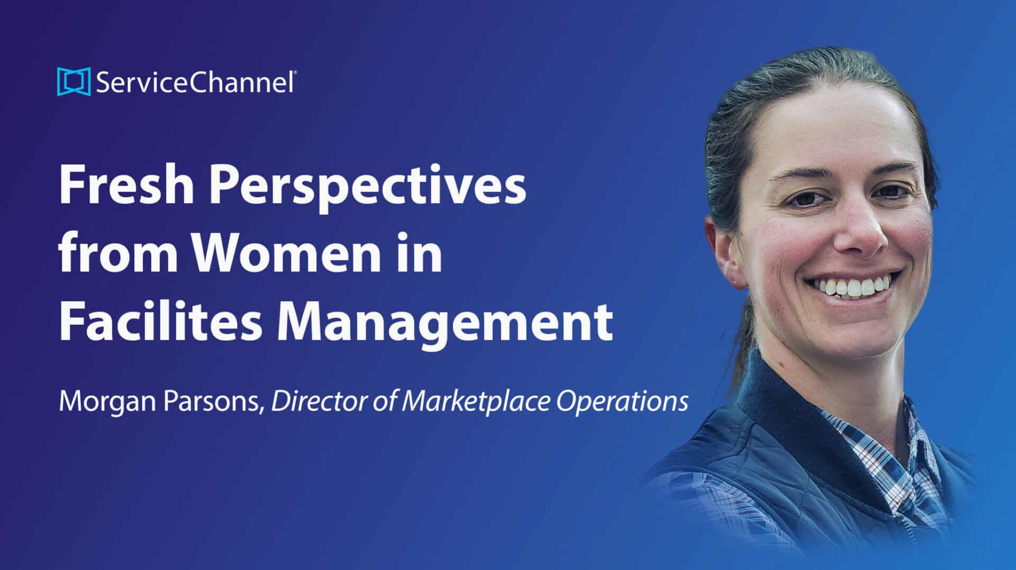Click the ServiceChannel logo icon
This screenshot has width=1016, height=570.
[74, 82]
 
